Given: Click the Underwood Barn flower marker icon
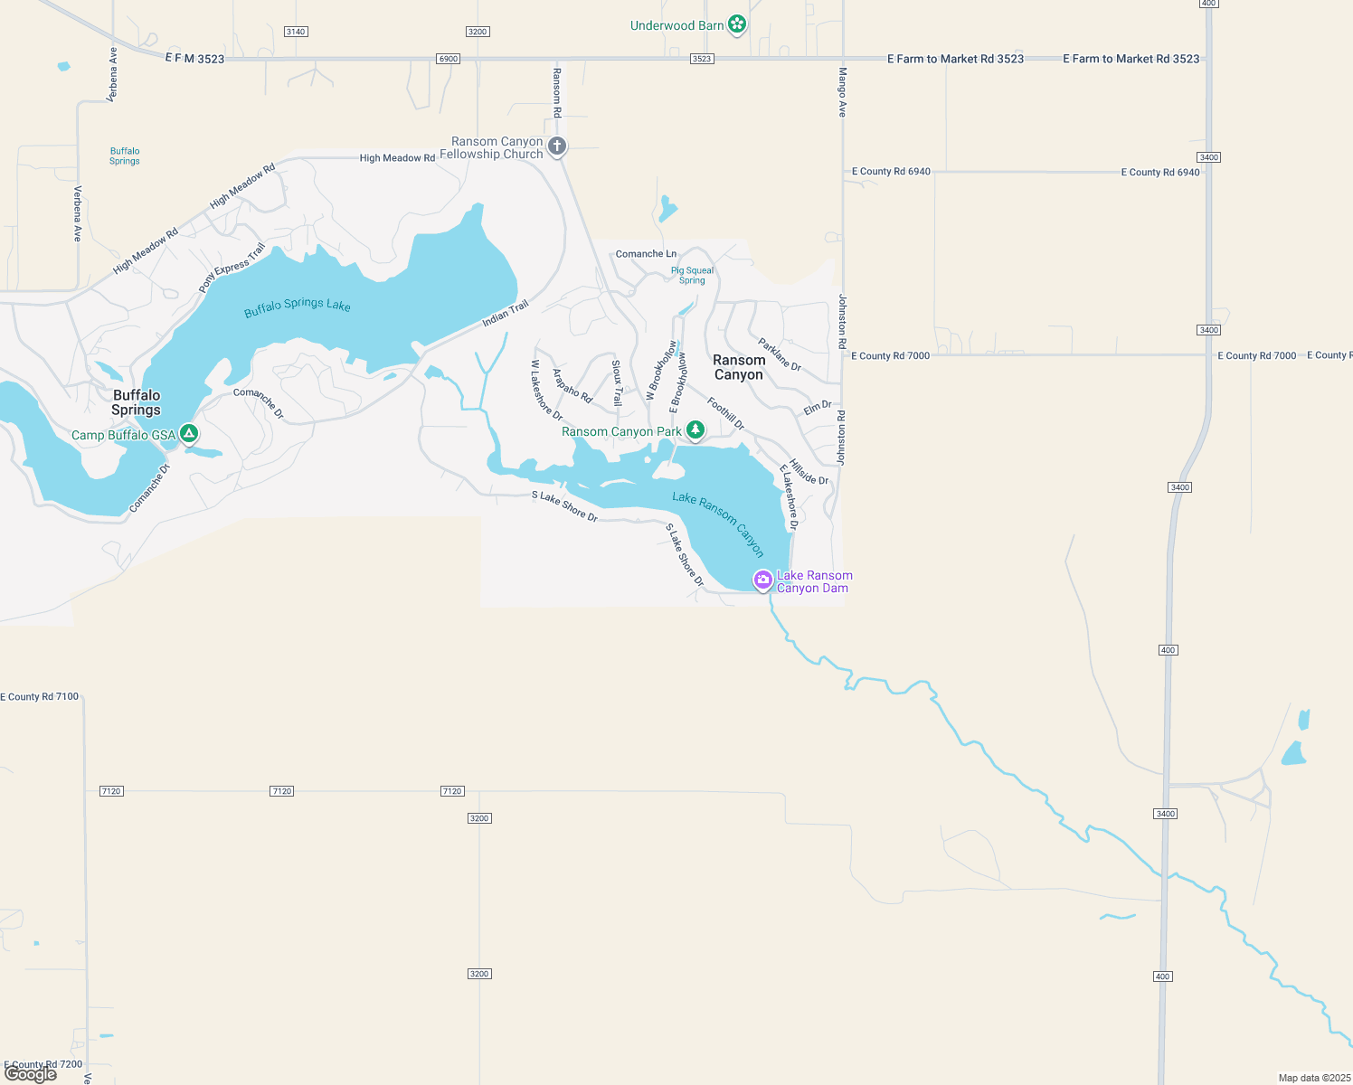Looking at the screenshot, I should (x=737, y=24).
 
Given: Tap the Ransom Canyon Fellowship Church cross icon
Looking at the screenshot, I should (x=557, y=146).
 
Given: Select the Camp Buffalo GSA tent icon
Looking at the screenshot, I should (x=188, y=434).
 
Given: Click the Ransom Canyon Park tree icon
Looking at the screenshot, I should (x=695, y=430).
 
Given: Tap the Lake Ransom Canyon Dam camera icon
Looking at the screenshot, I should (x=763, y=580).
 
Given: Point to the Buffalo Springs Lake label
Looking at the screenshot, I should (x=298, y=306).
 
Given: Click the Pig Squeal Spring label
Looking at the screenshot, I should (x=692, y=275).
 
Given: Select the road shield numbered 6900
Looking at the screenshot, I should (x=448, y=59).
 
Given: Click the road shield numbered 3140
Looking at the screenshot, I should (x=296, y=32).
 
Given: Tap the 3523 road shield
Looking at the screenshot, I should (x=702, y=59).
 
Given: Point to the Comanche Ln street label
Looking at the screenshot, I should (x=646, y=254).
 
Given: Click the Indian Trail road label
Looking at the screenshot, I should (x=506, y=314).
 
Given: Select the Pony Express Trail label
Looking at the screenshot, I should (x=232, y=269).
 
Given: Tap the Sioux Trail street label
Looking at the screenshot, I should (x=617, y=382).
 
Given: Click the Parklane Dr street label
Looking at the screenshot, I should (x=780, y=354).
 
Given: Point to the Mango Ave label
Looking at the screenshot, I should (x=842, y=92).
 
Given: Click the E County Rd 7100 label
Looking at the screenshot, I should (x=40, y=697).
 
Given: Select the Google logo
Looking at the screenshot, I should (x=31, y=1073).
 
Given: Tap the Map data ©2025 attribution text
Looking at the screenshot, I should (x=1313, y=1078).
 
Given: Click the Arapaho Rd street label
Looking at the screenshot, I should (x=572, y=386).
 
